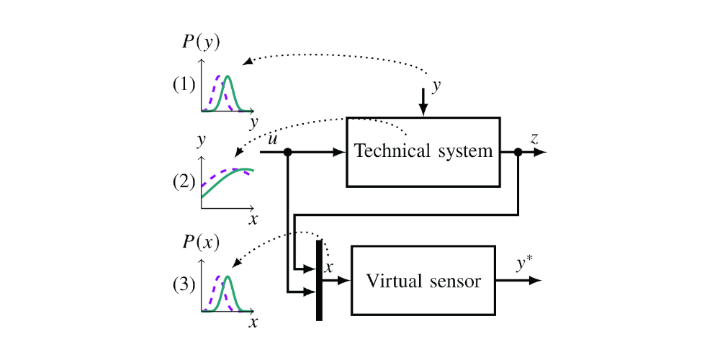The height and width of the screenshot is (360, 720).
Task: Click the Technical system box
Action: [423, 151]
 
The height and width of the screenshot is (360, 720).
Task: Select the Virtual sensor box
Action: [423, 280]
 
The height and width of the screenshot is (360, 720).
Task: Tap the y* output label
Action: [524, 264]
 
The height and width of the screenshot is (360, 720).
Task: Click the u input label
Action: [273, 138]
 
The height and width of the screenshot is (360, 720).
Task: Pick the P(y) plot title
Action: [201, 42]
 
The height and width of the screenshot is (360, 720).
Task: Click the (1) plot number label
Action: [184, 84]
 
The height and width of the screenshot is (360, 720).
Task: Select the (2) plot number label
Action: [184, 181]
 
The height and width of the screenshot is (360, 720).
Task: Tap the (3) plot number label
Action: [184, 284]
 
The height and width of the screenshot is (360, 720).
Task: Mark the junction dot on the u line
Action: [288, 152]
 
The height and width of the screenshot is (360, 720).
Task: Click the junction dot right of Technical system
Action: [518, 152]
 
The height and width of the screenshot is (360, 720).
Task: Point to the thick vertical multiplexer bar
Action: [319, 281]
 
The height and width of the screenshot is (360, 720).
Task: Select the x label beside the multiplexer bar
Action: [330, 267]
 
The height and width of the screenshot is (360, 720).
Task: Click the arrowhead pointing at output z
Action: [541, 152]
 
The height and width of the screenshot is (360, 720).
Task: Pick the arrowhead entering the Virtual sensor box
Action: [344, 280]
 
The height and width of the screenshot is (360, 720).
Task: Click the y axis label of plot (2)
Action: [202, 138]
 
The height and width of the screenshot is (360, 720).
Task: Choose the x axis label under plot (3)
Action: [253, 322]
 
